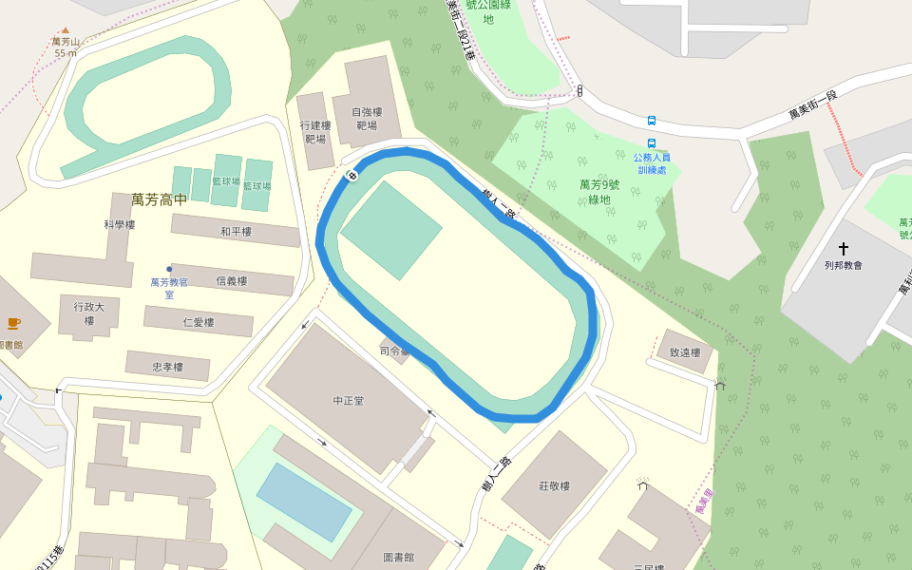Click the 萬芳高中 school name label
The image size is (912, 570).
[x=160, y=199]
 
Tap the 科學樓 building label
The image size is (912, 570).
[x=120, y=225]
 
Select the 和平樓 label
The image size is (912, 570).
[x=236, y=232]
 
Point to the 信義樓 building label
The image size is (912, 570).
[x=232, y=281]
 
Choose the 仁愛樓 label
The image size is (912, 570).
[x=199, y=323]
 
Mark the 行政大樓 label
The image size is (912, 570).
[x=89, y=313]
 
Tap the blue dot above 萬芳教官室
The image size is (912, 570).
[x=169, y=269]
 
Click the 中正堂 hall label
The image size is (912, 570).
[x=349, y=401]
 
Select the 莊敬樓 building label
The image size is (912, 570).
[x=554, y=486]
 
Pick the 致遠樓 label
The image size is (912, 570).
[x=684, y=353]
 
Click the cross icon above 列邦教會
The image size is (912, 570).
[x=843, y=248]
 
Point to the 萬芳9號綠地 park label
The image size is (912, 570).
[x=598, y=192]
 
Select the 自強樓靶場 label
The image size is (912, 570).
[x=367, y=118]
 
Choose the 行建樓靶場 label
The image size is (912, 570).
[x=315, y=131]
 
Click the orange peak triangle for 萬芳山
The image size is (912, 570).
[x=65, y=29]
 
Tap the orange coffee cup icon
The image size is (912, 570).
[x=13, y=323]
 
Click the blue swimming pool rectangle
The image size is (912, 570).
[x=304, y=501]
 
